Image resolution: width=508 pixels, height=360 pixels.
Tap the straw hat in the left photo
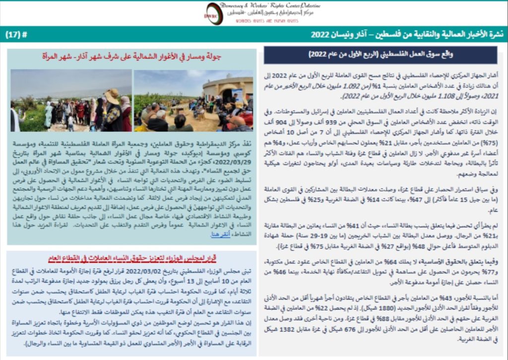[112, 94]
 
